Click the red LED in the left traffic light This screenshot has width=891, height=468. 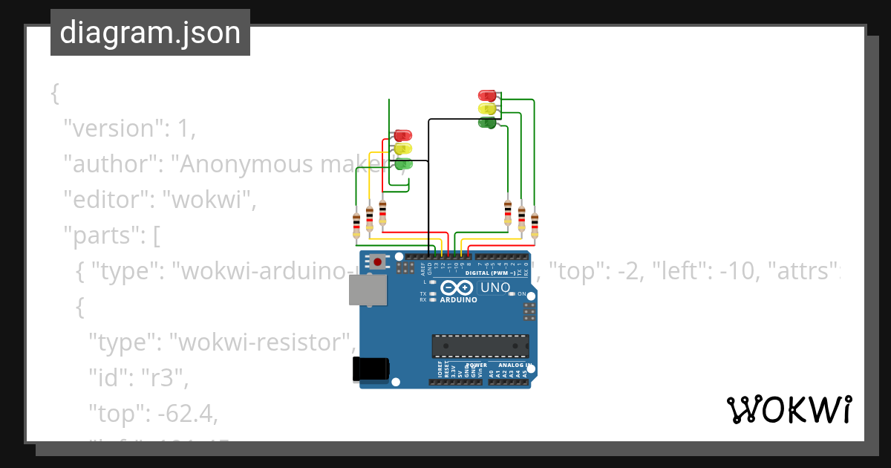pyautogui.click(x=402, y=135)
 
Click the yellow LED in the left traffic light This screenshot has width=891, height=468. pyautogui.click(x=402, y=149)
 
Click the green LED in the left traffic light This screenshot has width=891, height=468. pyautogui.click(x=403, y=163)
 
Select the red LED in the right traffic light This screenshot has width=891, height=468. pyautogui.click(x=487, y=95)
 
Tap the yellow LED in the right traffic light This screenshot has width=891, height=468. pyautogui.click(x=487, y=109)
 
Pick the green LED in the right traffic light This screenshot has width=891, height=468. pyautogui.click(x=487, y=123)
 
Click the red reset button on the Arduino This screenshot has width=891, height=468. pyautogui.click(x=378, y=261)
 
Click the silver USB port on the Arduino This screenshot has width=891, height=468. pyautogui.click(x=368, y=290)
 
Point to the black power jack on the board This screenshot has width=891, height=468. pyautogui.click(x=371, y=369)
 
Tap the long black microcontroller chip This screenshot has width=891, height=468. pyautogui.click(x=480, y=346)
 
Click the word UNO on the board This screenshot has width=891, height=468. pyautogui.click(x=495, y=287)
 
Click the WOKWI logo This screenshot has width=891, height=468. pyautogui.click(x=789, y=410)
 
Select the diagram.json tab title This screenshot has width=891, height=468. pyautogui.click(x=150, y=33)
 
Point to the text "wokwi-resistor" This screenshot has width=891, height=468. pyautogui.click(x=260, y=342)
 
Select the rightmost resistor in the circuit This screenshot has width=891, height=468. pyautogui.click(x=534, y=223)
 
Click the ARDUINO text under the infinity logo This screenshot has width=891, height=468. pyautogui.click(x=458, y=300)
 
